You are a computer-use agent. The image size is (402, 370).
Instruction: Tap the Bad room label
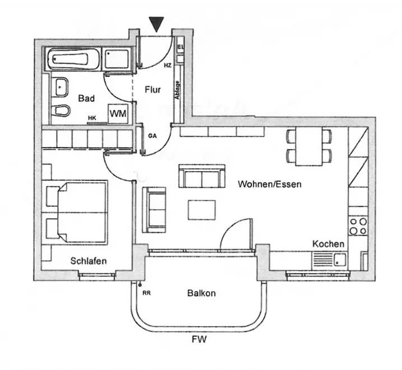tap(86, 99)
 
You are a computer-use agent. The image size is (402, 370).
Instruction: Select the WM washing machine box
tap(118, 113)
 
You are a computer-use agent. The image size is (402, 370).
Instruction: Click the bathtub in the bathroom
tap(74, 58)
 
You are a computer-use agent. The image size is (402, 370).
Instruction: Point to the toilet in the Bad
tap(61, 110)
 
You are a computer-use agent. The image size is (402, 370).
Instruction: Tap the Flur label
tap(153, 89)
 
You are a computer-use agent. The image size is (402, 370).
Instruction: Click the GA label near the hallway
tap(152, 136)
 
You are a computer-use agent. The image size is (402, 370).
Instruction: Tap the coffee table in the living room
tap(201, 210)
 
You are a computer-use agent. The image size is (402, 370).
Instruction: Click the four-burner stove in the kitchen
tap(358, 226)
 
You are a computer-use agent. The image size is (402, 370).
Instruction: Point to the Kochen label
tap(328, 244)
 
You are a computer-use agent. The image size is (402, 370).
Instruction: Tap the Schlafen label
tap(88, 261)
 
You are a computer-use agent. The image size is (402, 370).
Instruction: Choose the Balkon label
tap(202, 293)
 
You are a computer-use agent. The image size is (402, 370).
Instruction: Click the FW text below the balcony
tap(199, 339)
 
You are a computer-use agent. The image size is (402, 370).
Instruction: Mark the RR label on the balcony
tap(147, 293)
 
